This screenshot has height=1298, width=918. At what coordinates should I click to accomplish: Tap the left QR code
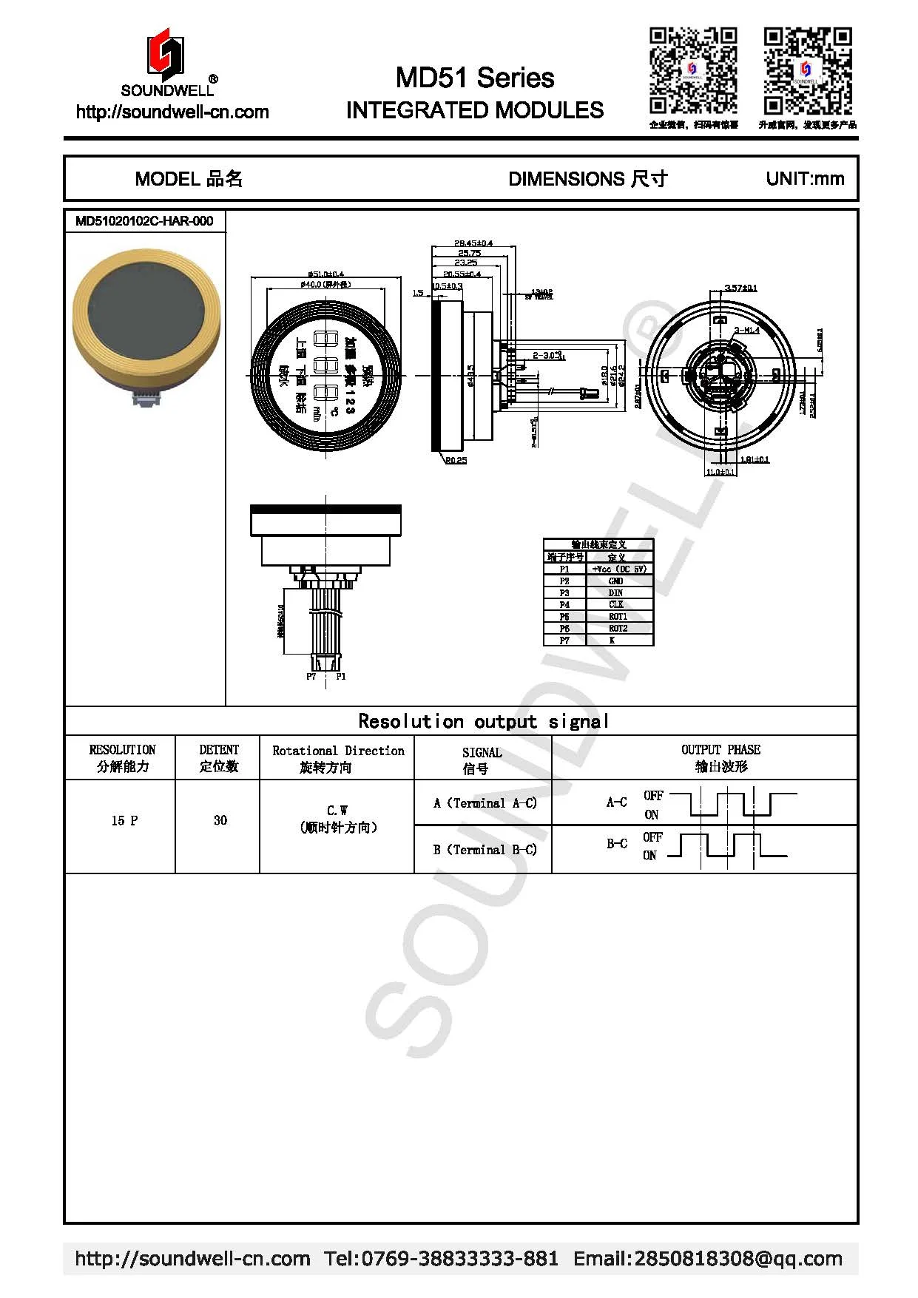pos(693,70)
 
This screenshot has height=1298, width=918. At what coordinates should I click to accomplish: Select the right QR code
pos(808,70)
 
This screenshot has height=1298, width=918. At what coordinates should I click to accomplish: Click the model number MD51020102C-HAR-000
pos(144,221)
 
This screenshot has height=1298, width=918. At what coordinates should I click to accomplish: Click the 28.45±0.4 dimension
pos(473,243)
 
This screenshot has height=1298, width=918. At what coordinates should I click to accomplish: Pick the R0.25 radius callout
pos(456,461)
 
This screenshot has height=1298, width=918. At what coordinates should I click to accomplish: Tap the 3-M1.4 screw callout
pos(747,330)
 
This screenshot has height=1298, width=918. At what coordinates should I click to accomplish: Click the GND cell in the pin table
pos(616,581)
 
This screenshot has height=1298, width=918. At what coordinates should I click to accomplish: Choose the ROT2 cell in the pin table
pos(618,629)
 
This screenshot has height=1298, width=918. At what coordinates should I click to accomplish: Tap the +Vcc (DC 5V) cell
pos(619,569)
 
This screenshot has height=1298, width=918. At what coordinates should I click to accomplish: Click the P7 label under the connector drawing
pos(311,677)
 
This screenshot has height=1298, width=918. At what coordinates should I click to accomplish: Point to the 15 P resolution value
pos(124,820)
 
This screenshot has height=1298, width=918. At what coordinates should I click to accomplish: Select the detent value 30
pos(220,820)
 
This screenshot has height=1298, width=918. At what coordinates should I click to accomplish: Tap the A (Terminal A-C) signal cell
pos(485,803)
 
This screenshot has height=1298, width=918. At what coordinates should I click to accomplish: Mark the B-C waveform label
pos(617,843)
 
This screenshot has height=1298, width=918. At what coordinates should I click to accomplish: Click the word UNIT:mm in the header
pos(805,179)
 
